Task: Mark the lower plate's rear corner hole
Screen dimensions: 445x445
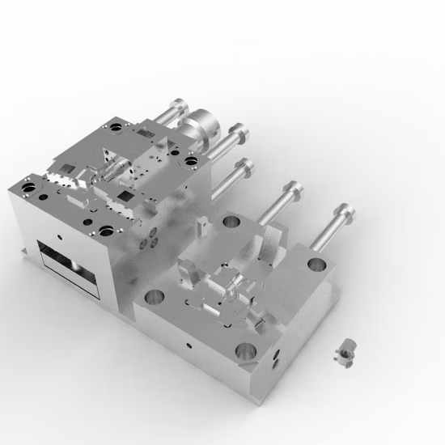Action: click(231, 221)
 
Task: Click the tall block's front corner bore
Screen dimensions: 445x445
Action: click(108, 230)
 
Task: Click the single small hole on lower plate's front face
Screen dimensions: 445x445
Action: click(189, 343)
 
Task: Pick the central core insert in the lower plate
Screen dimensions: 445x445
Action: click(231, 283)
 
